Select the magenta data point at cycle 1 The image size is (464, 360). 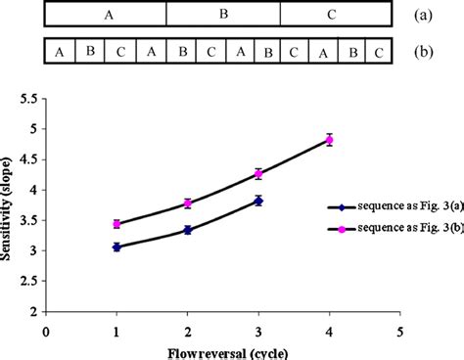116,224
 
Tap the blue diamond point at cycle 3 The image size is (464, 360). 258,200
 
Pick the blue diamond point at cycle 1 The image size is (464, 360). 116,247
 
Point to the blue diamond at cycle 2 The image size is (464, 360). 187,230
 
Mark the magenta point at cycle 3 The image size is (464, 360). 258,173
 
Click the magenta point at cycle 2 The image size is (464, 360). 187,203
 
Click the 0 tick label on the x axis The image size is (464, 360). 46,330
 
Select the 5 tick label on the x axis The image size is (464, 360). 400,330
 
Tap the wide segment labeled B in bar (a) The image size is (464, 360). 222,15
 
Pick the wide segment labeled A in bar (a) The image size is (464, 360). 106,15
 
